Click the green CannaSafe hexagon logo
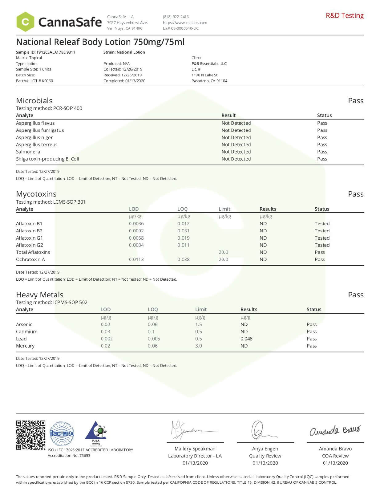tap(25, 22)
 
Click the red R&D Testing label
tap(345, 15)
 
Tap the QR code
tap(31, 435)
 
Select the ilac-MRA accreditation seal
tap(62, 434)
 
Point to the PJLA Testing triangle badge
tap(96, 433)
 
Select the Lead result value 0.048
tap(246, 339)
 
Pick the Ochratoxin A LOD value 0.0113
tap(136, 259)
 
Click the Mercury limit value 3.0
tap(199, 346)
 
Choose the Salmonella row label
tap(28, 152)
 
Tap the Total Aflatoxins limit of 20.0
tap(223, 252)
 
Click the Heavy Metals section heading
tap(40, 295)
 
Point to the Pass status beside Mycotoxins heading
tap(356, 194)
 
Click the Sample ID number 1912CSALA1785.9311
tap(56, 52)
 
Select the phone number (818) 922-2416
tap(176, 17)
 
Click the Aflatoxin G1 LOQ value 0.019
tap(183, 238)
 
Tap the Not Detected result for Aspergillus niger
tap(236, 137)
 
